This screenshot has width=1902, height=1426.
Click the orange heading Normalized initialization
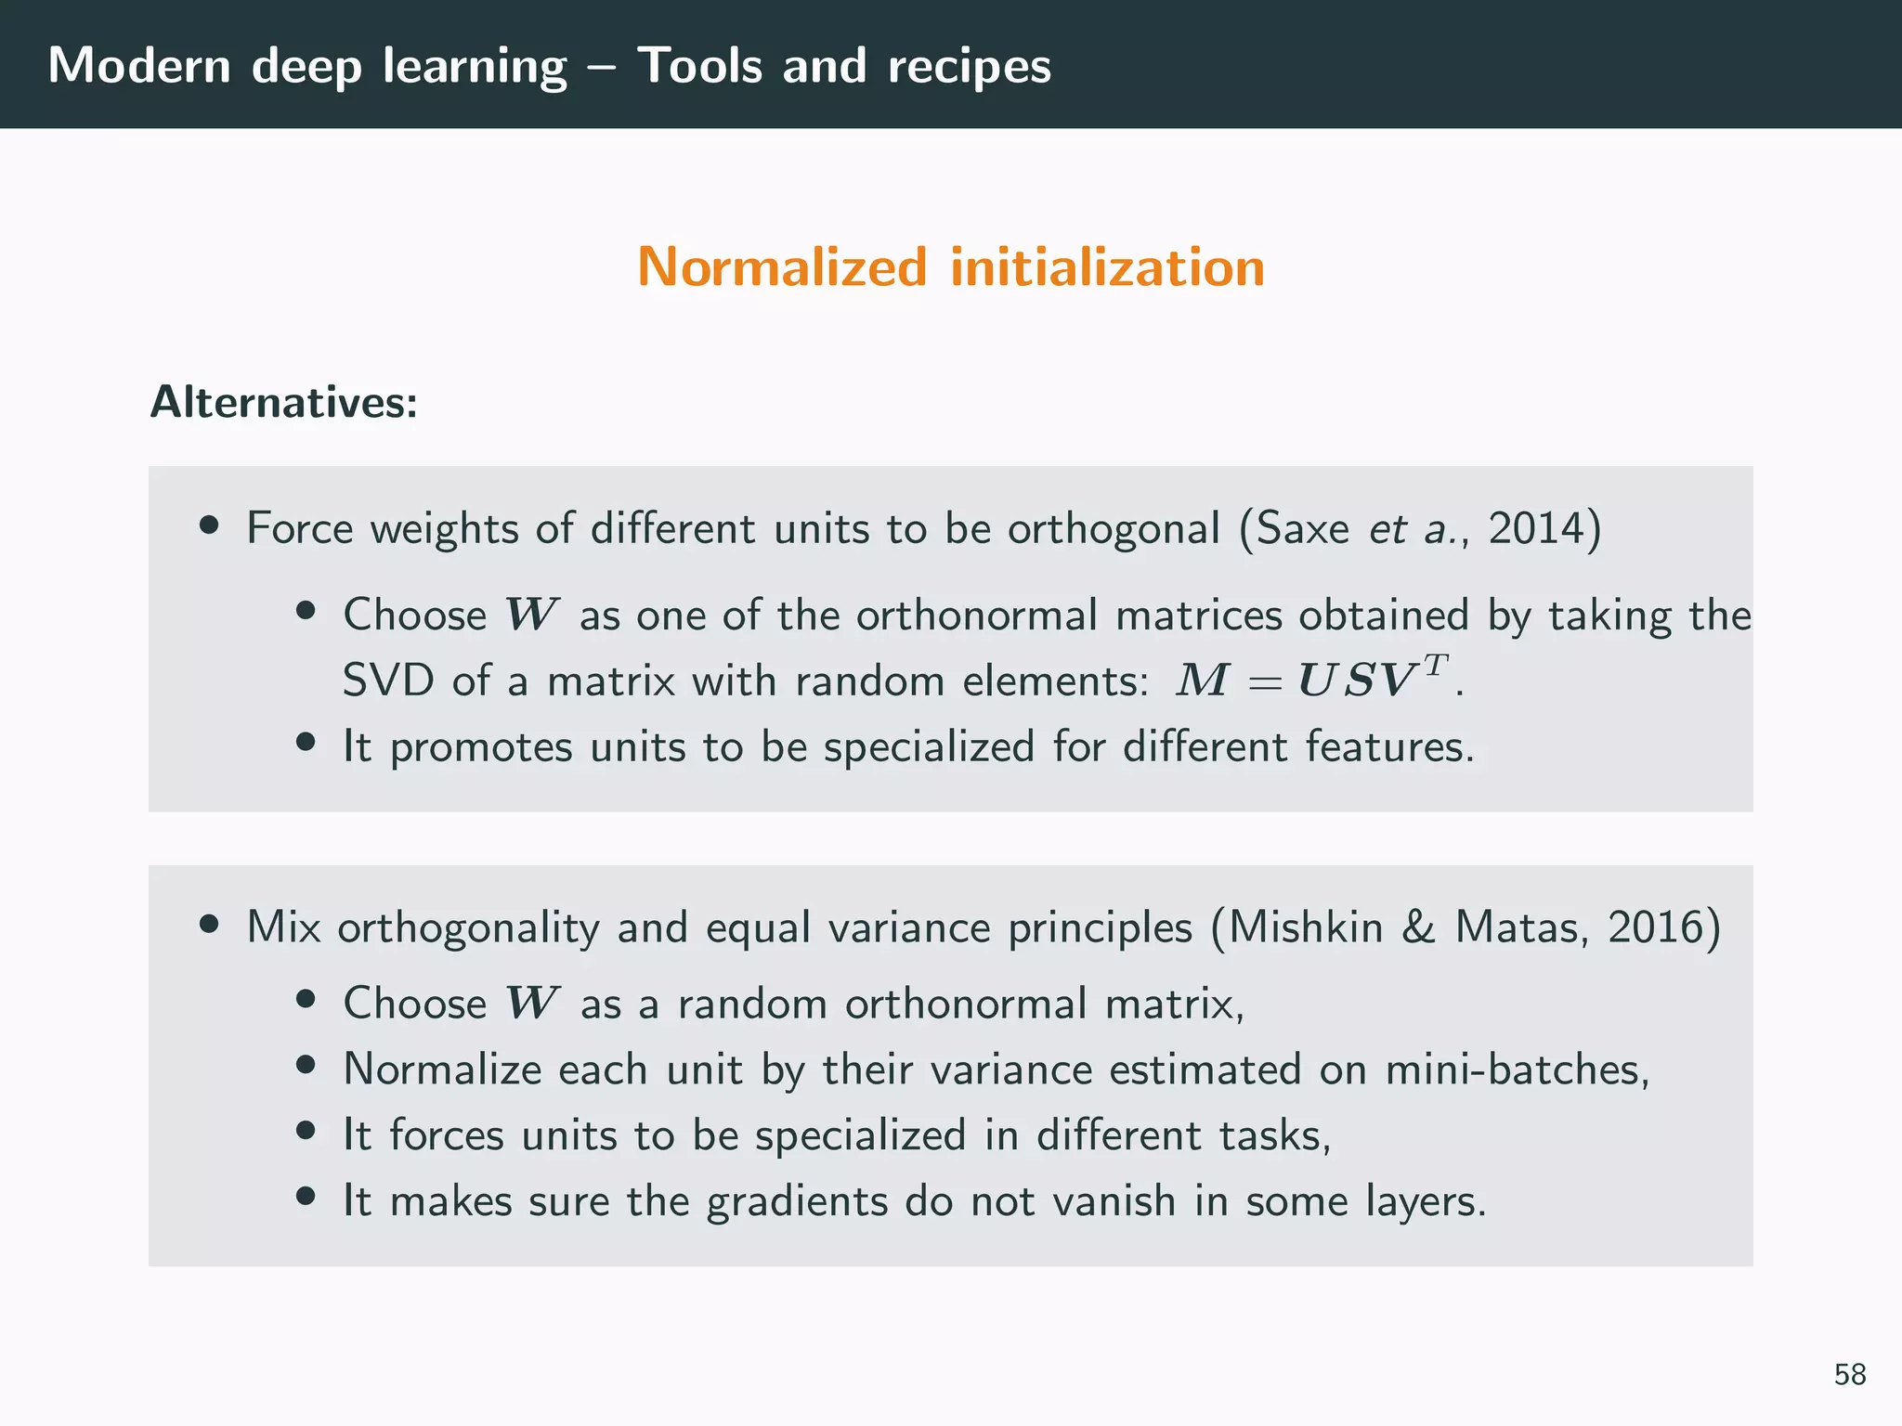pyautogui.click(x=951, y=267)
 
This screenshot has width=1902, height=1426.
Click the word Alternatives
pyautogui.click(x=283, y=403)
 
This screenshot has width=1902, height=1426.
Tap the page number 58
pyautogui.click(x=1849, y=1374)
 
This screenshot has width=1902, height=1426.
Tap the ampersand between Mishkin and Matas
pyautogui.click(x=1418, y=927)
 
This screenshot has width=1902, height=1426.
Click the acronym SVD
pyautogui.click(x=388, y=681)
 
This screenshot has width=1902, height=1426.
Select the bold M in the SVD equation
pyautogui.click(x=1203, y=681)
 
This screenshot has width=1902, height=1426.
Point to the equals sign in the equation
pyautogui.click(x=1265, y=683)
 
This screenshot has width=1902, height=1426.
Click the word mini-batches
pyautogui.click(x=1516, y=1069)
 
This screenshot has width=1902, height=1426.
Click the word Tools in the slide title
pyautogui.click(x=699, y=66)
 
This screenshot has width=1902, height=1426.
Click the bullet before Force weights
pyautogui.click(x=209, y=525)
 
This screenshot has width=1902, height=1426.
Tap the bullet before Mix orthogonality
pyautogui.click(x=209, y=924)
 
